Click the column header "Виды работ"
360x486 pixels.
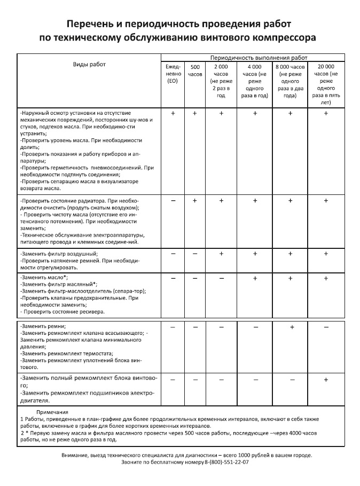(x=89, y=64)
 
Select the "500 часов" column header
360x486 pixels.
(x=195, y=70)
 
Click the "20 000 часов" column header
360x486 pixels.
(x=326, y=84)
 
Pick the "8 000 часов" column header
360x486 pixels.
(x=290, y=81)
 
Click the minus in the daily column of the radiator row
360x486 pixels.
(x=173, y=200)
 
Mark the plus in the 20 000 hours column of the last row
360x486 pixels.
(x=326, y=379)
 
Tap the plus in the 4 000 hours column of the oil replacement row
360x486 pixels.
(x=255, y=278)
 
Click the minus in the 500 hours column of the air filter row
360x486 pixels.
(x=195, y=253)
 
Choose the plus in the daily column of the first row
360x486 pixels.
(x=173, y=113)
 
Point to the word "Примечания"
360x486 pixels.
(x=52, y=412)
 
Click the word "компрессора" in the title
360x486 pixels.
(x=281, y=38)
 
